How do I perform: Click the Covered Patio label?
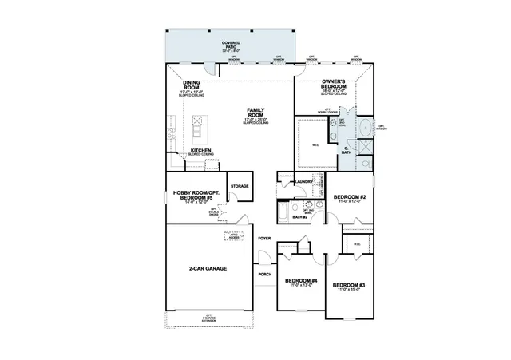232,44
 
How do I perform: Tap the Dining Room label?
192,84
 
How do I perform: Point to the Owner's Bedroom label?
334,82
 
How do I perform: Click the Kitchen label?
200,150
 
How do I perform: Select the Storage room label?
240,186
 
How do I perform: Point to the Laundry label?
303,182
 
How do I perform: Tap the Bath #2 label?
300,216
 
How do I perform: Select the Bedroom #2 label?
350,197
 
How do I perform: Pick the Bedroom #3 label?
350,285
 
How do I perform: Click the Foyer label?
265,239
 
